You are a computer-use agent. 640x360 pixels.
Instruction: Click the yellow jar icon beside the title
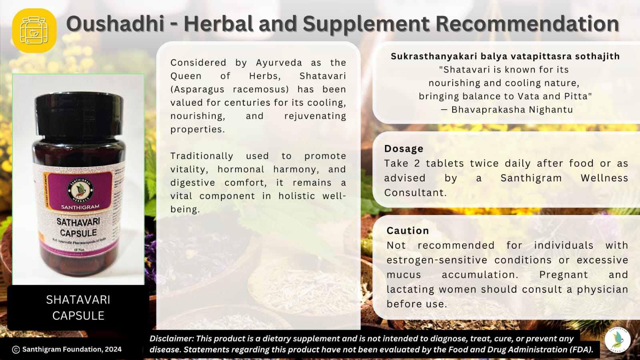click(x=34, y=30)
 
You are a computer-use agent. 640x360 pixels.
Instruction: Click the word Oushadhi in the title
click(x=115, y=24)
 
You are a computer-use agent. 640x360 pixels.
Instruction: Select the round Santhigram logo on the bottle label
click(x=80, y=189)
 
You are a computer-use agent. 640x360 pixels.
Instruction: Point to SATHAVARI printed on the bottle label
click(x=78, y=221)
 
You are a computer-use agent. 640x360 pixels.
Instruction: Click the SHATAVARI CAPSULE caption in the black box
click(x=78, y=308)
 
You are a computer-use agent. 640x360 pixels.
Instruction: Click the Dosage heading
click(x=403, y=149)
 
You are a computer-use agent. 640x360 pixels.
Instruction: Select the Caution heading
click(x=407, y=231)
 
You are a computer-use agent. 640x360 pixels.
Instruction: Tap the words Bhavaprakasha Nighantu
click(x=512, y=110)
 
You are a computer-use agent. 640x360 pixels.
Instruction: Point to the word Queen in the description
click(x=186, y=76)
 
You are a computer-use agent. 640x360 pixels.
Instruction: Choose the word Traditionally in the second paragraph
click(x=202, y=156)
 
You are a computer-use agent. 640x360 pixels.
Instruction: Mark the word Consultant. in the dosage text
click(x=415, y=193)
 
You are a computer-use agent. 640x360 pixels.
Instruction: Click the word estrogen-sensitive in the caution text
click(x=437, y=260)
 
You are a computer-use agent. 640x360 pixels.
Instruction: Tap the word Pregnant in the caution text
click(x=564, y=275)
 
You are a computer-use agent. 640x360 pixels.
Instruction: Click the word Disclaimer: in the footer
click(x=171, y=339)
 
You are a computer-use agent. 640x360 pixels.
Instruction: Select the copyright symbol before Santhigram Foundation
click(x=16, y=350)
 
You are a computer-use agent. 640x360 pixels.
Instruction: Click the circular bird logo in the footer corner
click(x=618, y=340)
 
